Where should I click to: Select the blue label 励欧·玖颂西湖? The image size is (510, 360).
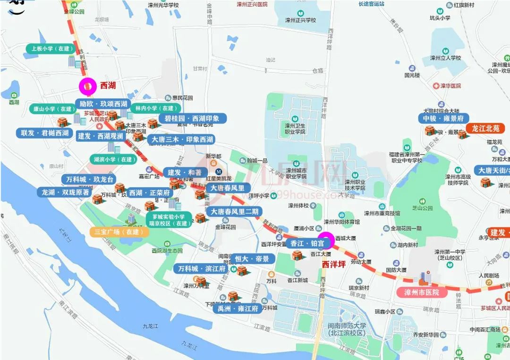tap(103, 104)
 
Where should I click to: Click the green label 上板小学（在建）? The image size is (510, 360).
tap(51, 49)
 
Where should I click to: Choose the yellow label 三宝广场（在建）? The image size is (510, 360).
tap(119, 232)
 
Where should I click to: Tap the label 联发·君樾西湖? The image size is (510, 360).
tap(45, 133)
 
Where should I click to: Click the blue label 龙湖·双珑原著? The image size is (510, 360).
tap(65, 193)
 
